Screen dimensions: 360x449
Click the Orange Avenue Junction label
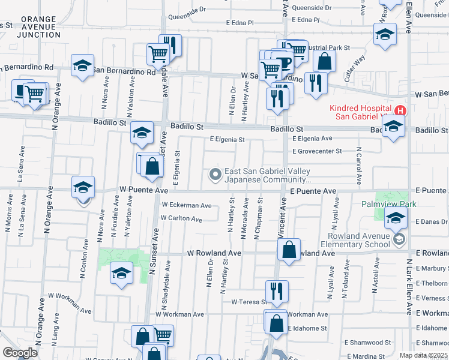38,27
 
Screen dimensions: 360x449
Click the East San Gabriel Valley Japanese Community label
268,175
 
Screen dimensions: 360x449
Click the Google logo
19,353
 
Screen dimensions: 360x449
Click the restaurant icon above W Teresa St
277,292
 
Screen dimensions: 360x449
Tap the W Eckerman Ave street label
186,205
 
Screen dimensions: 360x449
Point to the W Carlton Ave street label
181,219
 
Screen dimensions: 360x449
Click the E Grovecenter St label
316,151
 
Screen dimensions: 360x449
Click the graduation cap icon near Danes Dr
396,220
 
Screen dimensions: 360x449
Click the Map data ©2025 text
423,355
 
